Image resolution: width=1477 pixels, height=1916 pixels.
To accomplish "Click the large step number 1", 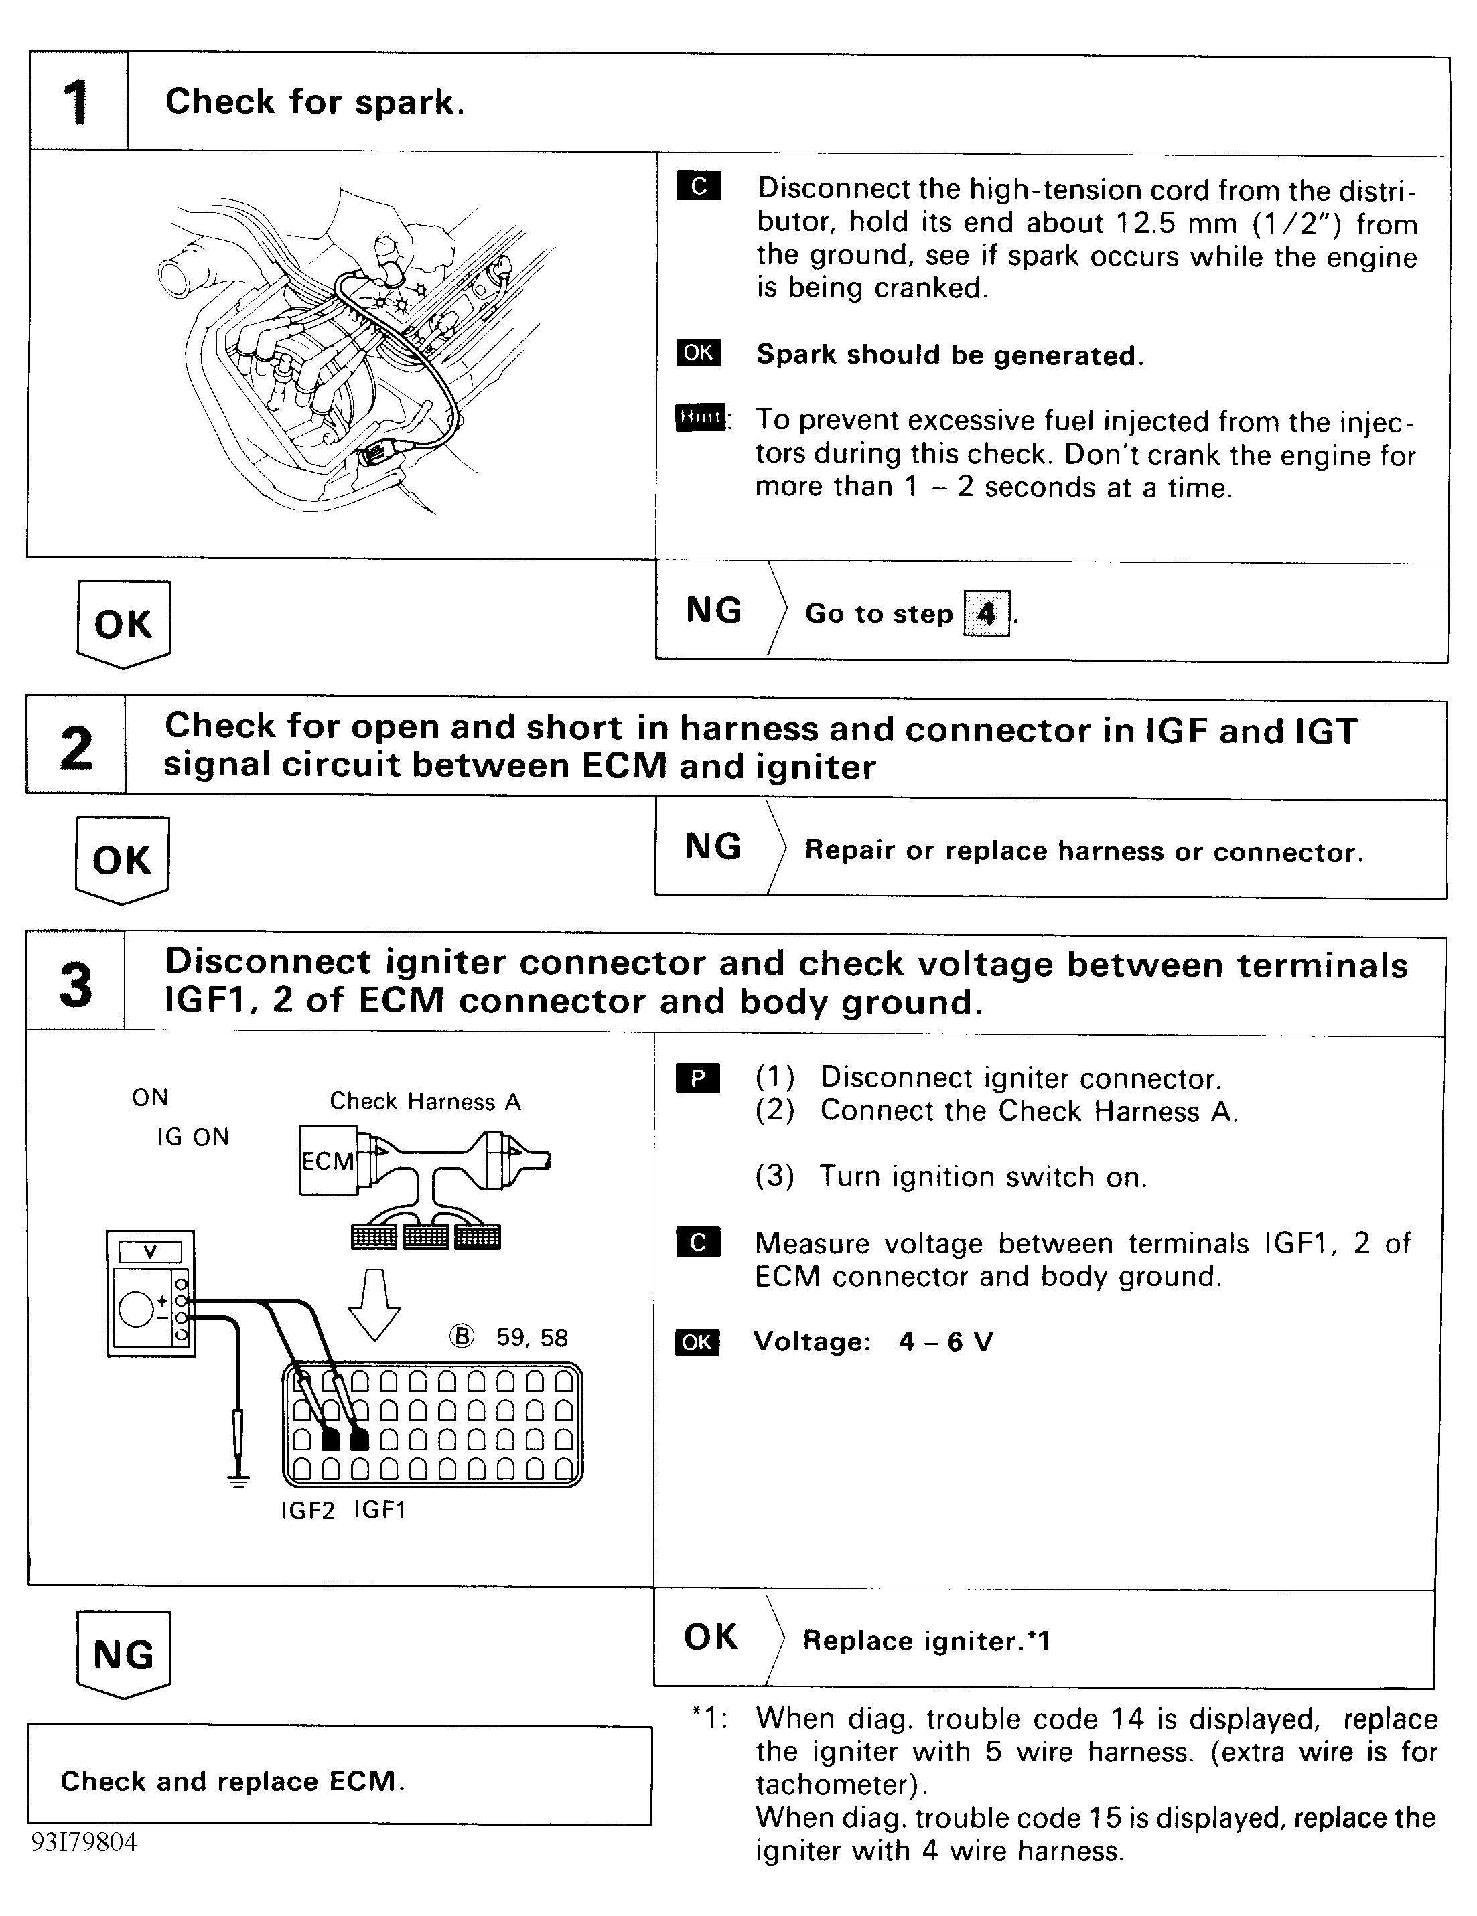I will [76, 102].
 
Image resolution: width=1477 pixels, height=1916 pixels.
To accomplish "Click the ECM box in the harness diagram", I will [328, 1161].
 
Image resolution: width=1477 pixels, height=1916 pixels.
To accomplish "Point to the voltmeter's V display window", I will [150, 1252].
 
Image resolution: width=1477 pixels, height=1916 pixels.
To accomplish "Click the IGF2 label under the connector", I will [308, 1512].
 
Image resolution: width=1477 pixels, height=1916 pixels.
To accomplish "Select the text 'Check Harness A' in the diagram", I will [425, 1102].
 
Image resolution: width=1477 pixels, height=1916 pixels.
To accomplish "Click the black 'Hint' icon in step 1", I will [699, 418].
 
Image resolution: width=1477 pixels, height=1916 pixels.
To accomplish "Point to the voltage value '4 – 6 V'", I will [945, 1342].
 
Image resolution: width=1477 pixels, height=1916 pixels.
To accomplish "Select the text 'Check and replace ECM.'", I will [232, 1782].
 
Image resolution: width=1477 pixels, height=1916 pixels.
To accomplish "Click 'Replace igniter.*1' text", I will [926, 1641].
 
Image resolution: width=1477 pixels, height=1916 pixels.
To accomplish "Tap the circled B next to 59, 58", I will [462, 1336].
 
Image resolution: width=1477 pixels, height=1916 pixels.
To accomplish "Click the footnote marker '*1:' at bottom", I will [710, 1719].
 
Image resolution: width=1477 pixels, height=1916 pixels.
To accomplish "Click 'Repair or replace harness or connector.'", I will [1083, 851].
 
